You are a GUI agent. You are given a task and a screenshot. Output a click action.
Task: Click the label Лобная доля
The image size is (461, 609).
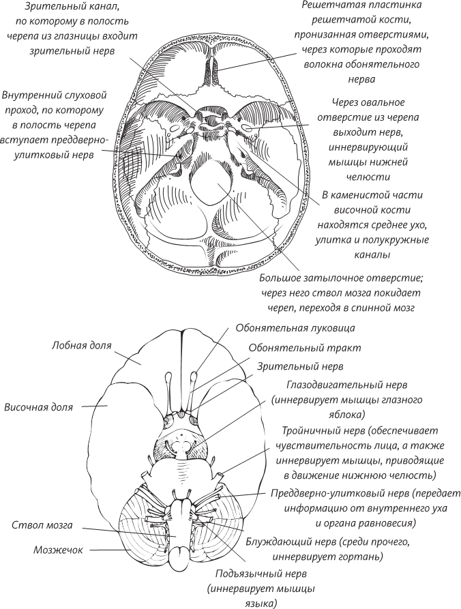(x=82, y=346)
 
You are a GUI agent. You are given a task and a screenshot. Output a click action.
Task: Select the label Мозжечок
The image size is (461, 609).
(x=58, y=550)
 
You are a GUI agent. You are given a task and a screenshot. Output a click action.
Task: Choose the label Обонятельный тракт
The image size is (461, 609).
(x=305, y=347)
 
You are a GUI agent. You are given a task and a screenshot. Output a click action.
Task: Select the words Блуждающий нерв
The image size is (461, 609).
(x=286, y=543)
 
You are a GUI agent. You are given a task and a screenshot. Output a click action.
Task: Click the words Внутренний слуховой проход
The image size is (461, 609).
(x=54, y=95)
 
